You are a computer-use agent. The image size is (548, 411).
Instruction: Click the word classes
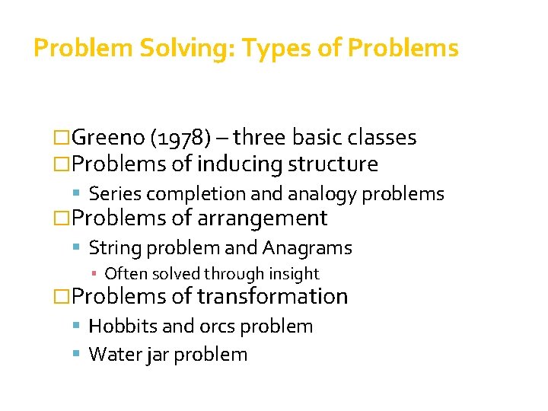click(379, 137)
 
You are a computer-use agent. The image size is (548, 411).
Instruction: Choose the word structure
click(335, 164)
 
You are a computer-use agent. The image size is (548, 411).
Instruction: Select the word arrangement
click(262, 218)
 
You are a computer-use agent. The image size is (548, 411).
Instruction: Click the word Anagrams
click(307, 248)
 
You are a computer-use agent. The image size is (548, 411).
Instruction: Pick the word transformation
click(272, 296)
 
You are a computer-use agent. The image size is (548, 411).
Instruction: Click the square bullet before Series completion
click(80, 194)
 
